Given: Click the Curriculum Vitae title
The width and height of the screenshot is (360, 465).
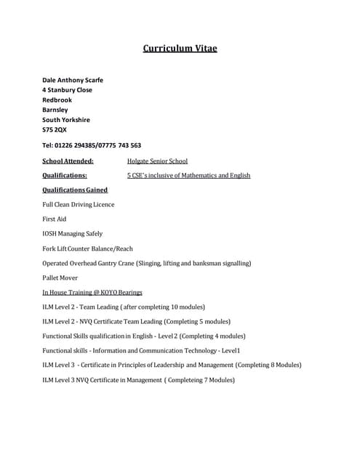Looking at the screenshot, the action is click(180, 49).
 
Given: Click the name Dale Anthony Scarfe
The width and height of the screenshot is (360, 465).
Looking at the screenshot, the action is click(73, 80).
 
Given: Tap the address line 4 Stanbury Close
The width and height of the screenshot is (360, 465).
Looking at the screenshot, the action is click(67, 90).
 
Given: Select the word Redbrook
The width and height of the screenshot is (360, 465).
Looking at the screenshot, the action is click(57, 100).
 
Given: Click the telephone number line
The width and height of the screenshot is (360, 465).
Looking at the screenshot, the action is click(92, 145).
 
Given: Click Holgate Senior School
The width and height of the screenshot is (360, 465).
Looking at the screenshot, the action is click(157, 161).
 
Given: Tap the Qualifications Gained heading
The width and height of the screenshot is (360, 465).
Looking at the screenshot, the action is click(75, 190).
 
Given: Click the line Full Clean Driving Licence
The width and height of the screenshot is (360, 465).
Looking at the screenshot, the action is click(79, 204).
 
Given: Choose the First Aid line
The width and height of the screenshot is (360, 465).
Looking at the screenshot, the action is click(55, 219).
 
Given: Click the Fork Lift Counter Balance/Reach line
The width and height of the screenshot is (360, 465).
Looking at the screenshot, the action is click(88, 248).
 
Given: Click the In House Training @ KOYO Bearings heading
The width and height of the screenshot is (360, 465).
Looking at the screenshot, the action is click(92, 292).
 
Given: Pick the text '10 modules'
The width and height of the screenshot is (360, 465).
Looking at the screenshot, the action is click(186, 307).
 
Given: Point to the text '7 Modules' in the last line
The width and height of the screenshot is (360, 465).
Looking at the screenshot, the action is click(216, 380).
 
